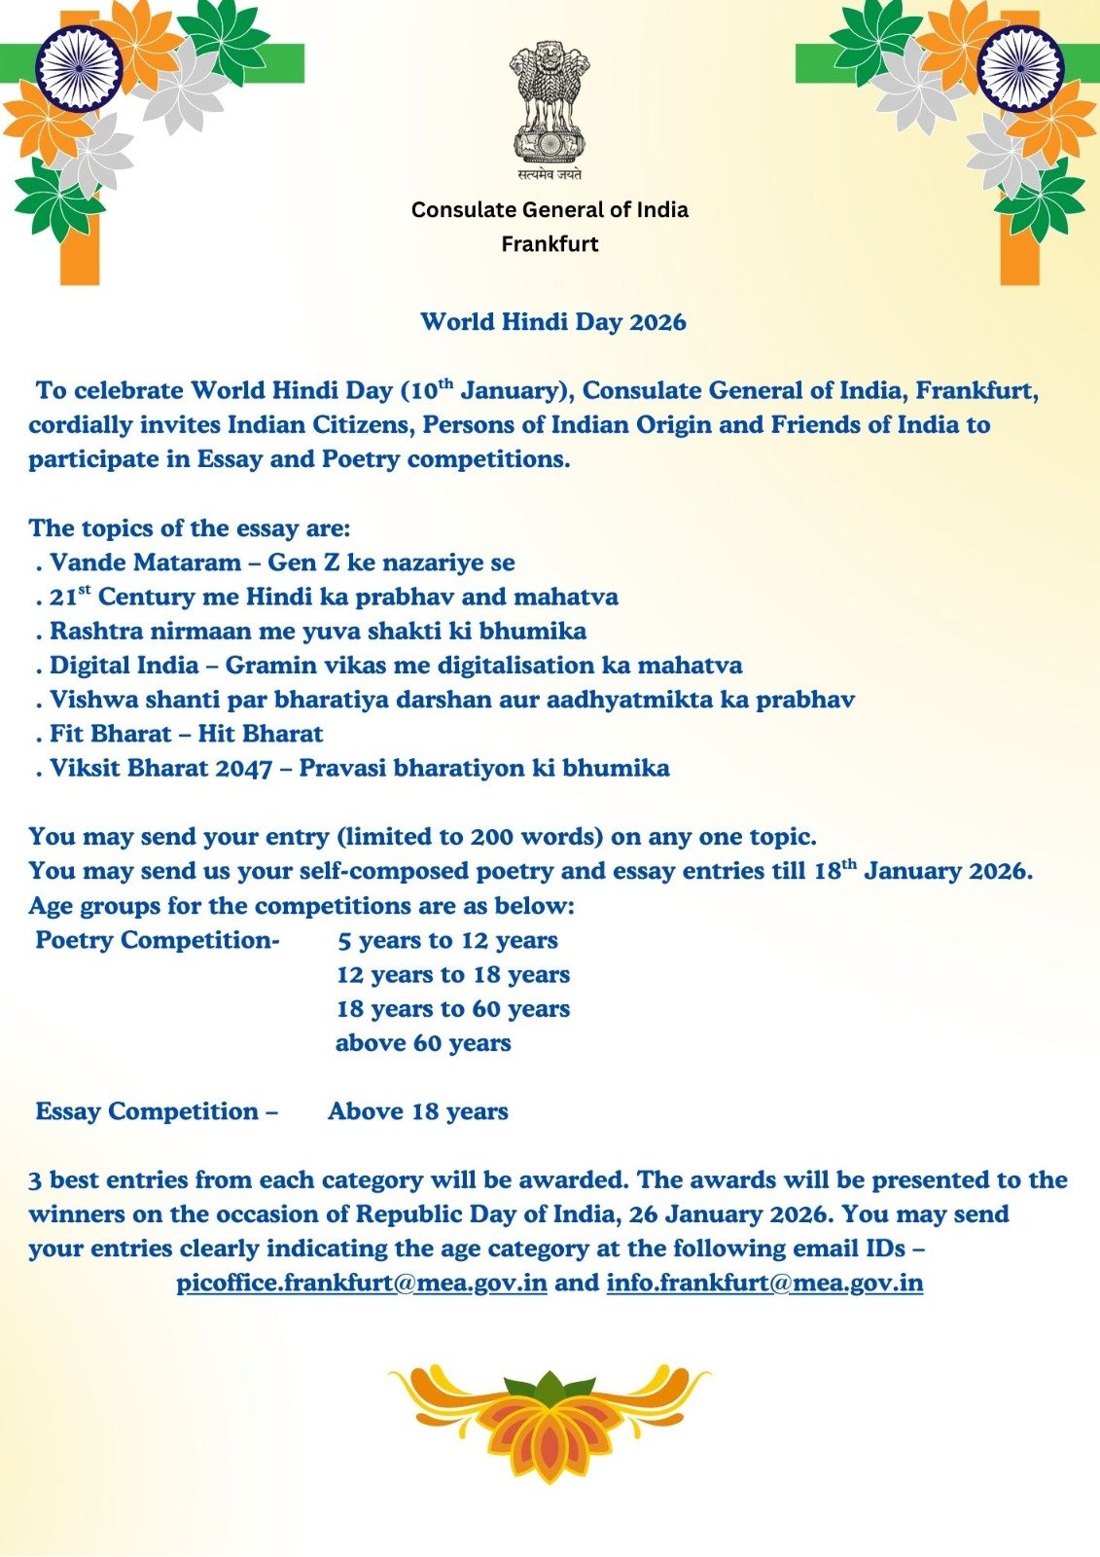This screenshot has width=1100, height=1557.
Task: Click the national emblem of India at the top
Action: (x=550, y=102)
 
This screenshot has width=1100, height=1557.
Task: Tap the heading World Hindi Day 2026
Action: (x=552, y=322)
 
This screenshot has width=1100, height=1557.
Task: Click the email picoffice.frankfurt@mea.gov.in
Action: (x=361, y=1283)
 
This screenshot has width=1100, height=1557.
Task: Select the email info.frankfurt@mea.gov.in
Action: (x=764, y=1283)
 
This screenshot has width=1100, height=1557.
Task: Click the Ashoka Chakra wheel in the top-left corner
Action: (x=79, y=68)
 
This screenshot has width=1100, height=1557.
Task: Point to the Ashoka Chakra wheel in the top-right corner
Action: (x=1020, y=68)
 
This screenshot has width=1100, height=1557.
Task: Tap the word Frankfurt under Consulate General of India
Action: (x=550, y=244)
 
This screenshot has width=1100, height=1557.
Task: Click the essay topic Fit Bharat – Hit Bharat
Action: (x=186, y=734)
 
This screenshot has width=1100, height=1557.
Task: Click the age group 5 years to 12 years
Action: (x=447, y=940)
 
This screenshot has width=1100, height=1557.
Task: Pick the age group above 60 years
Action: (x=423, y=1043)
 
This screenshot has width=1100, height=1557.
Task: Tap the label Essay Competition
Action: (x=156, y=1111)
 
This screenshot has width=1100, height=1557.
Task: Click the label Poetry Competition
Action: (x=157, y=940)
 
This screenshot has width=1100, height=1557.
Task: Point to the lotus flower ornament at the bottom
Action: (x=550, y=1421)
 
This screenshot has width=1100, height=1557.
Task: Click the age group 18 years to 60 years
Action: (x=453, y=1009)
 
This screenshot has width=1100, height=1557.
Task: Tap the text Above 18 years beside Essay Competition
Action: (x=418, y=1111)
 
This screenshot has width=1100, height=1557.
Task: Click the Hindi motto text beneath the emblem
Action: (x=550, y=175)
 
